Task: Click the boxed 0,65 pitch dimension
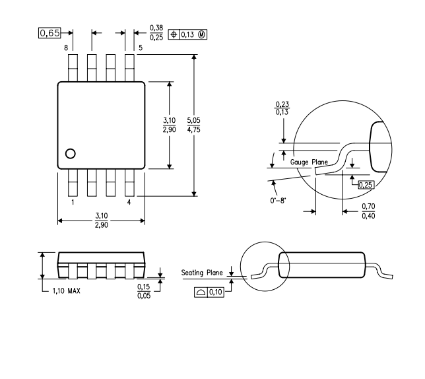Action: [x=49, y=33]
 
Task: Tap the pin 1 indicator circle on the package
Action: [x=71, y=154]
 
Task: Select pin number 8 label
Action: [x=66, y=48]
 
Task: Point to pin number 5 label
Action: [x=141, y=48]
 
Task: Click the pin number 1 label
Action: [x=73, y=202]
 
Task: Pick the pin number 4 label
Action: [x=129, y=202]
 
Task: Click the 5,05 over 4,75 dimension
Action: [x=193, y=125]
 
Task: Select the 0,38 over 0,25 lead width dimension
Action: [x=156, y=33]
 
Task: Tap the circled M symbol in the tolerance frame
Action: [x=202, y=34]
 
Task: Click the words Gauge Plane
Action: [x=309, y=162]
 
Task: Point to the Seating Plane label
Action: [x=202, y=273]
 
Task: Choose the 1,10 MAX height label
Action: [x=67, y=291]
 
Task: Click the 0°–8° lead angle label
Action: [x=278, y=201]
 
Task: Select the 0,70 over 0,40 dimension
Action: [x=368, y=211]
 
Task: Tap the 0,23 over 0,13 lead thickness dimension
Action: [x=282, y=108]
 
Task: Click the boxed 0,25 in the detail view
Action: [x=366, y=185]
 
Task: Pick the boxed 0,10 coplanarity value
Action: [x=216, y=293]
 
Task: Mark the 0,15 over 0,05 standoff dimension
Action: [x=144, y=291]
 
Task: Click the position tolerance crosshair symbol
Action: [x=174, y=34]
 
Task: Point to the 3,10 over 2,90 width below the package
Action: [x=102, y=221]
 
